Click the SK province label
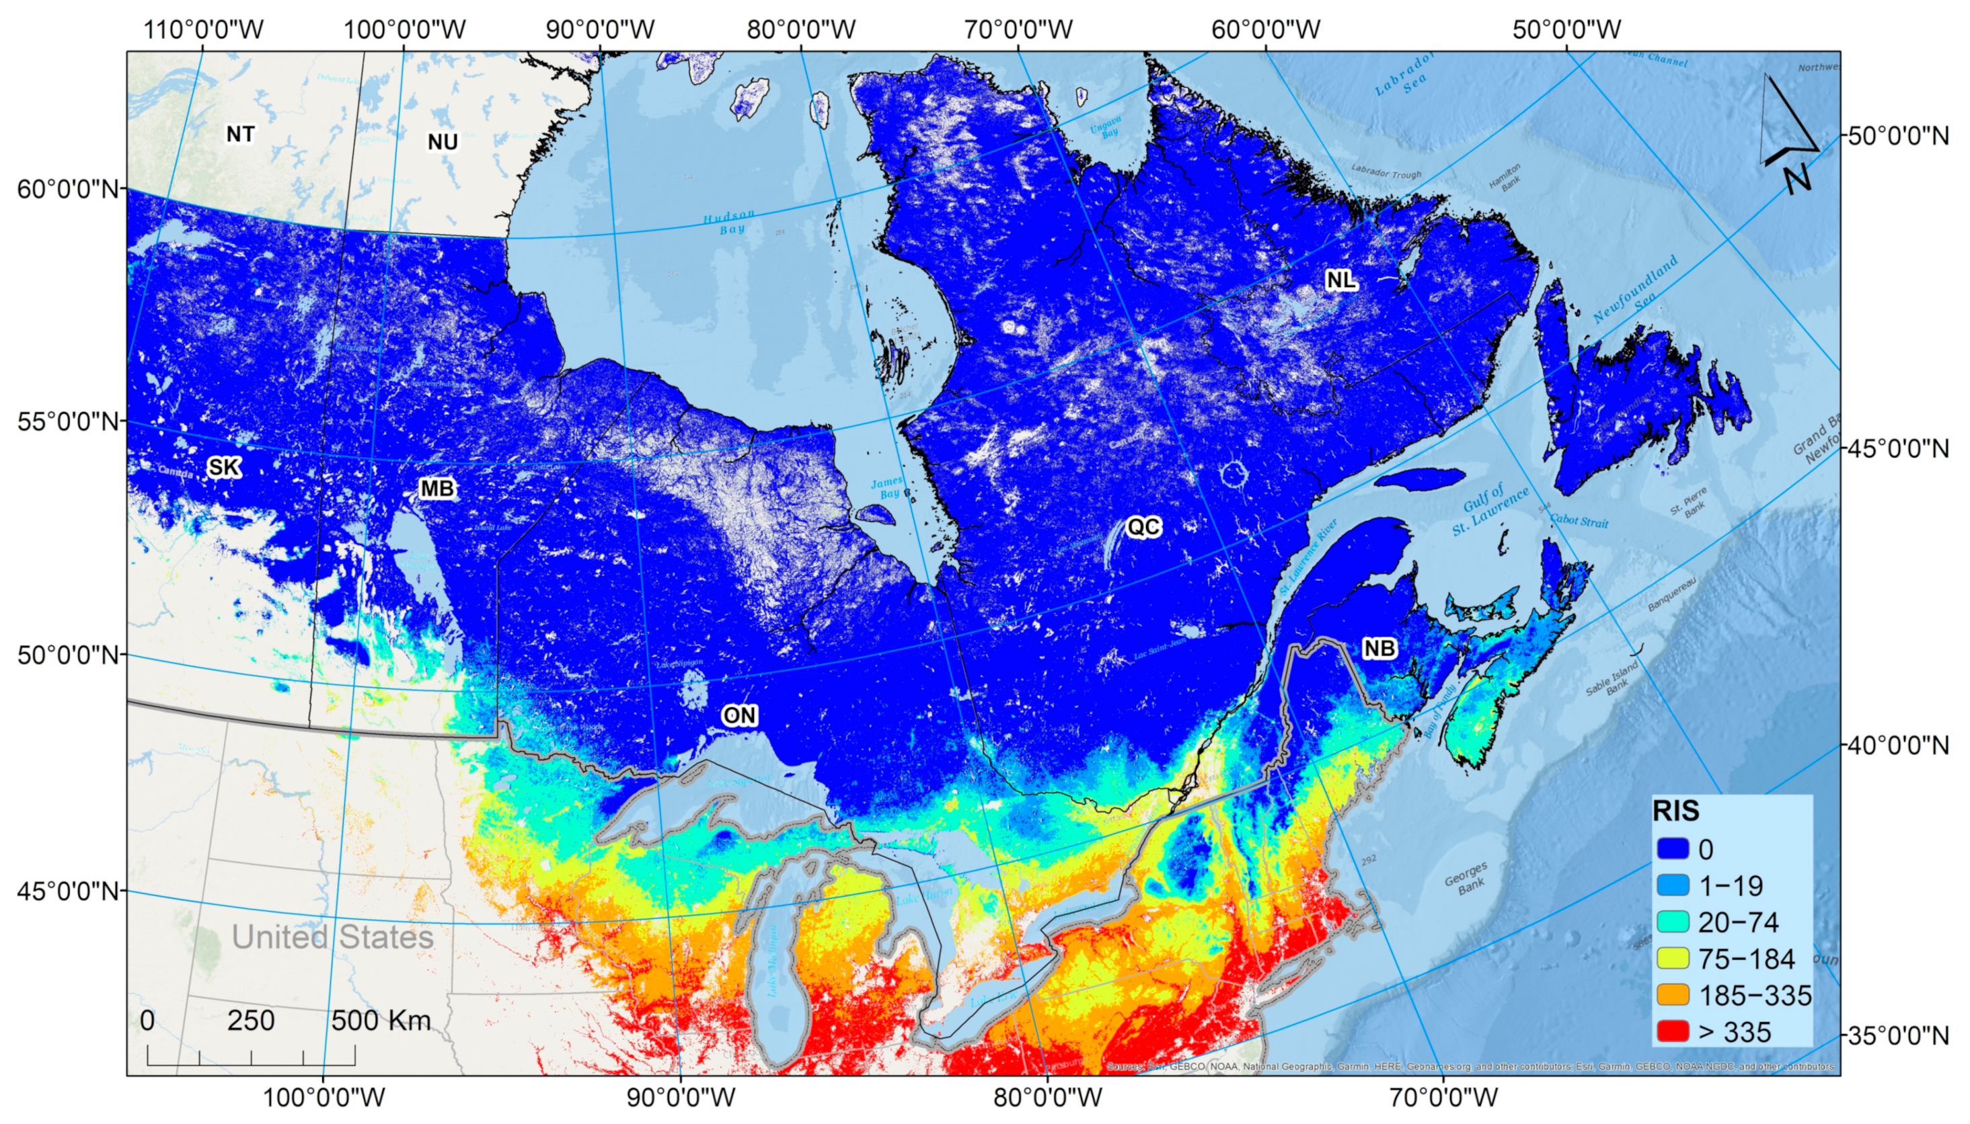tap(224, 467)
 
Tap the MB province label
tap(437, 489)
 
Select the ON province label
tap(739, 716)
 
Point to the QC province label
tap(1143, 527)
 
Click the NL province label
tap(1340, 280)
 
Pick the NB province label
tap(1379, 649)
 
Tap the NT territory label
tap(240, 134)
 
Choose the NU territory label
tap(443, 142)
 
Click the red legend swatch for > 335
tap(1673, 1031)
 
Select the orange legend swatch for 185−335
tap(1673, 995)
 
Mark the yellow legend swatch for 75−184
tap(1673, 959)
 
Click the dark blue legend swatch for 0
tap(1673, 849)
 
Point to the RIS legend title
tap(1676, 811)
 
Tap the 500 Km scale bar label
tap(381, 1020)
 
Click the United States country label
tap(332, 937)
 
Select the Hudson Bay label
tap(728, 223)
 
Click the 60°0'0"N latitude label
tap(68, 189)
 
